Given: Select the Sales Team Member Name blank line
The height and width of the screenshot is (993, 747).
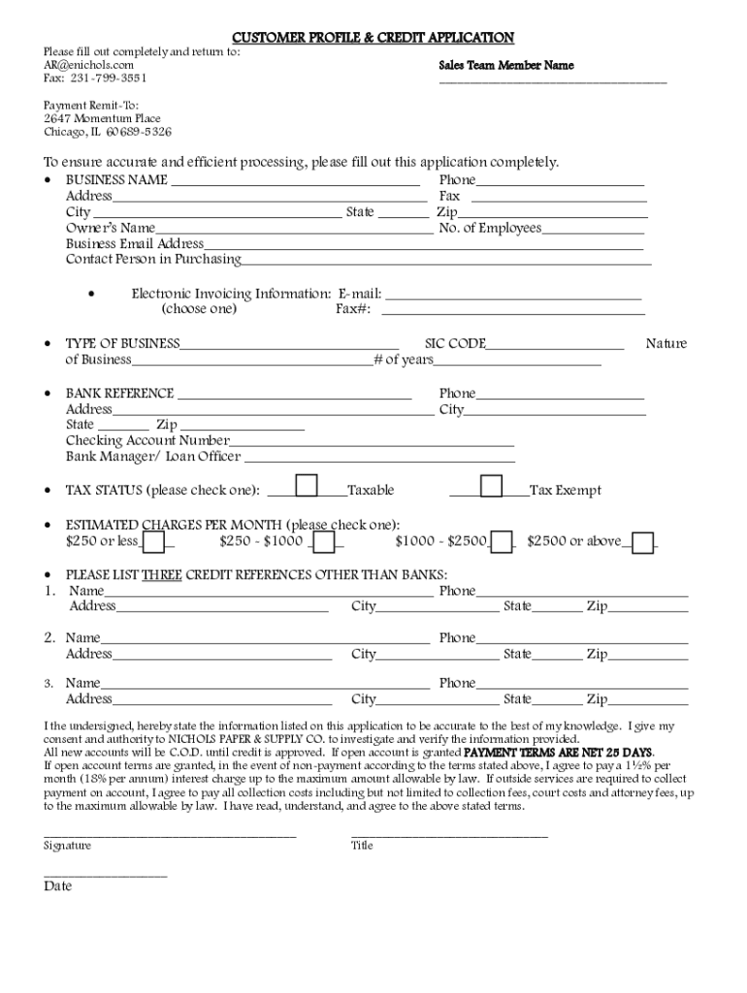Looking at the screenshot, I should (553, 82).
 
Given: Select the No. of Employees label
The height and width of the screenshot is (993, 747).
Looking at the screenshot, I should (490, 229).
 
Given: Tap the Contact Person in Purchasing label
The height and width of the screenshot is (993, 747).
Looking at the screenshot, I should (153, 260).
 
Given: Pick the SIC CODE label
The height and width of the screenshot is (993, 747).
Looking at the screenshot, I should (456, 344).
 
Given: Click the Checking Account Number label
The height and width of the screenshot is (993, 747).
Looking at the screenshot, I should (147, 441).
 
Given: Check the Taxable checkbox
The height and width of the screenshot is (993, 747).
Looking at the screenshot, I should (307, 485).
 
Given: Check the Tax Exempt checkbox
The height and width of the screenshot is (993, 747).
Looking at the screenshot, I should (491, 485).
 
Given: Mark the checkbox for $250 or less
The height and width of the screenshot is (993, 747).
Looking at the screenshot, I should (153, 542).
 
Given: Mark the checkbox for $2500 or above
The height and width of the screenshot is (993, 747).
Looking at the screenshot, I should (642, 542).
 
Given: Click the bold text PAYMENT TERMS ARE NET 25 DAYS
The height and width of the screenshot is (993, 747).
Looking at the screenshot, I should (559, 753).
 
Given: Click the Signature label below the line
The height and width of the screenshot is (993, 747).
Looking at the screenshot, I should (68, 846).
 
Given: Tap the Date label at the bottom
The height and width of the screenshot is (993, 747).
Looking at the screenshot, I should (57, 886).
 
